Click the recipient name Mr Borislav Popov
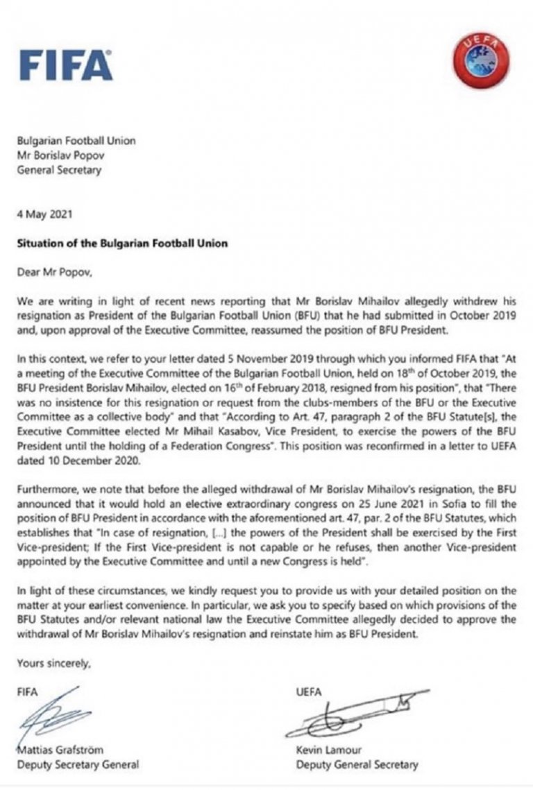pos(67,155)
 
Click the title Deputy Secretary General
pos(78,764)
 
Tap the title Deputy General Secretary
pos(357,764)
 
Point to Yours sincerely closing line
pos(54,664)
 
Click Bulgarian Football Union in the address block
pos(76,141)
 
